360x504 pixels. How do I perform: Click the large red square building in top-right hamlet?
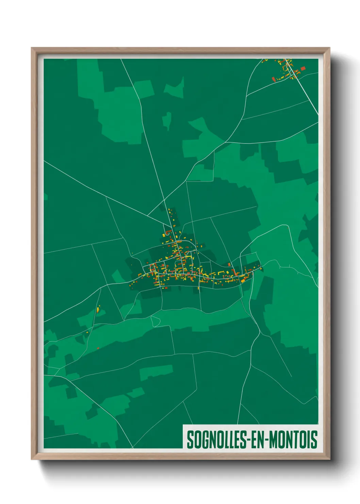click(303, 68)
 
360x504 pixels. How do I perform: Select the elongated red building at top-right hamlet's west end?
click(273, 79)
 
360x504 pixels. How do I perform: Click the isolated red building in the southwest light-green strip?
click(98, 348)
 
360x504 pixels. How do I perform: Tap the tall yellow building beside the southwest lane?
click(98, 309)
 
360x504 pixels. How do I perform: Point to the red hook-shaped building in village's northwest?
click(167, 232)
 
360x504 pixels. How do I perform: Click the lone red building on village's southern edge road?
click(198, 288)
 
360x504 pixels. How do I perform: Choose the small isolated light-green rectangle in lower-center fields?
click(156, 372)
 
